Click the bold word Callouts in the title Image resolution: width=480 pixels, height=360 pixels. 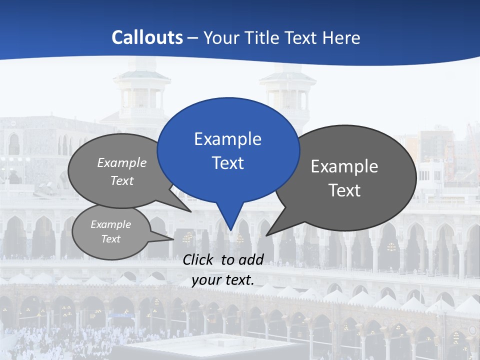(x=147, y=37)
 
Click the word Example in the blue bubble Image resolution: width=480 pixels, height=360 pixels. (x=227, y=139)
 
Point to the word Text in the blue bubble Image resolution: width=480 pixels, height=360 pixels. (x=227, y=163)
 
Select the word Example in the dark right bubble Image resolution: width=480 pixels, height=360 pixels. (x=344, y=166)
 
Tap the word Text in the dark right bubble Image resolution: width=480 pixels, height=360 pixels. (x=345, y=190)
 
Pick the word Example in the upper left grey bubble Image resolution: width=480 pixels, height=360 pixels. (x=122, y=162)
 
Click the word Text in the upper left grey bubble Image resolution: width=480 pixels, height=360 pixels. (x=122, y=180)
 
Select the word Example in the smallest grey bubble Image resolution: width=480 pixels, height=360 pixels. (x=110, y=224)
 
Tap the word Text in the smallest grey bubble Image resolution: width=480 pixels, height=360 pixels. (x=110, y=239)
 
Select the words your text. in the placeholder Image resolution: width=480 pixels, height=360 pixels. (x=223, y=280)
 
